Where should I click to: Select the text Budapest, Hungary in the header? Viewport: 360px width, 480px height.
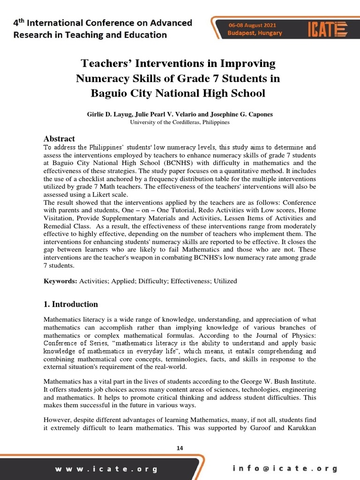point(255,33)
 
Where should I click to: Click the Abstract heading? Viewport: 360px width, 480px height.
point(59,138)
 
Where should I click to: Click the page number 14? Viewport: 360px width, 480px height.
point(180,448)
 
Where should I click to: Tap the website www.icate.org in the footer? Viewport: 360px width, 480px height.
point(106,469)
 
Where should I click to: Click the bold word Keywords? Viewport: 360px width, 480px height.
point(60,281)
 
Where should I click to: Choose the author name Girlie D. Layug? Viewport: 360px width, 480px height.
point(108,114)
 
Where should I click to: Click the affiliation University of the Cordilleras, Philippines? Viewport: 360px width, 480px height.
point(180,122)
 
